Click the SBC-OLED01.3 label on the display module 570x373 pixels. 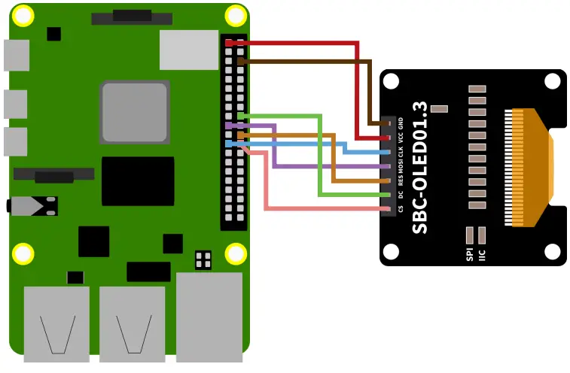(x=421, y=167)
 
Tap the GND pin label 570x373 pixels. (x=401, y=122)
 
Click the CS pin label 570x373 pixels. (x=401, y=208)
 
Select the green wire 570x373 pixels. (x=319, y=158)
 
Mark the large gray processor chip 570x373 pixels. (x=134, y=112)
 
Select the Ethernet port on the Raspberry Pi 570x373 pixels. (x=209, y=314)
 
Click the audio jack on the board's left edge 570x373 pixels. (x=30, y=205)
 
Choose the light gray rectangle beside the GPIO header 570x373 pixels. (x=189, y=50)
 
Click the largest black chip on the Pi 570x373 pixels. (x=138, y=181)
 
